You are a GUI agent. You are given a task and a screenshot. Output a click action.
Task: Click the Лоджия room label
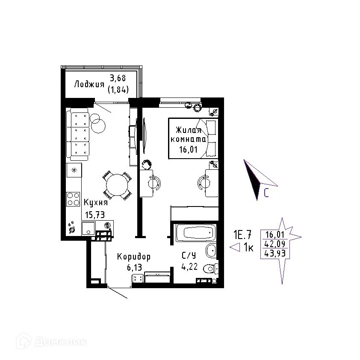point(89,84)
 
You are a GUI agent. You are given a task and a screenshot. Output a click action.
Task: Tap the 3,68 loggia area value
point(119,78)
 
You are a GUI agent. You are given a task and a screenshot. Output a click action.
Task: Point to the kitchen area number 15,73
point(94,215)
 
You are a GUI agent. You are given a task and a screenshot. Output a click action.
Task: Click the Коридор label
point(134,257)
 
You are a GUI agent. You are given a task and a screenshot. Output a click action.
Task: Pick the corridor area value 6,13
point(134,268)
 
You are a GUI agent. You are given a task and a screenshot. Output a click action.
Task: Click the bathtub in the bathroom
point(195,233)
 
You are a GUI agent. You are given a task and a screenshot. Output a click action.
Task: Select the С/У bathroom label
point(189,256)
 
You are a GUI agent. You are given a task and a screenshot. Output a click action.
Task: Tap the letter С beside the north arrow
point(266,194)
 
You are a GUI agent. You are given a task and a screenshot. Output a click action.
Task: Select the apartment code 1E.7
point(242,234)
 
